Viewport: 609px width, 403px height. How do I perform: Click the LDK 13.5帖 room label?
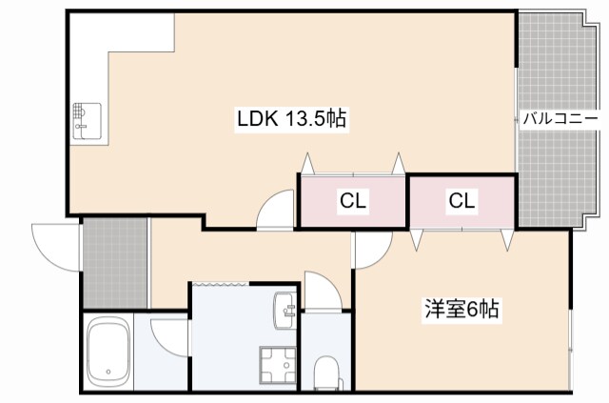[290, 119]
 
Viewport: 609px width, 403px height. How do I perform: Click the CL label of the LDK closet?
[353, 201]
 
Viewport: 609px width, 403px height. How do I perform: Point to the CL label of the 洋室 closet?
[462, 201]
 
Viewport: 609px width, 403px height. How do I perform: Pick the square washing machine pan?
[277, 366]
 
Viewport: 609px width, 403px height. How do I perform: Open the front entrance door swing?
[52, 243]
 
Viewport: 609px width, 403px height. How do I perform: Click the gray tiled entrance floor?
[114, 262]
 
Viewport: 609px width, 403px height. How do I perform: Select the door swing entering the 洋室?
[369, 250]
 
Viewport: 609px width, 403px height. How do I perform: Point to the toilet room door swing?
[318, 290]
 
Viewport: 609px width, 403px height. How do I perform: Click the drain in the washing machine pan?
[277, 366]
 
